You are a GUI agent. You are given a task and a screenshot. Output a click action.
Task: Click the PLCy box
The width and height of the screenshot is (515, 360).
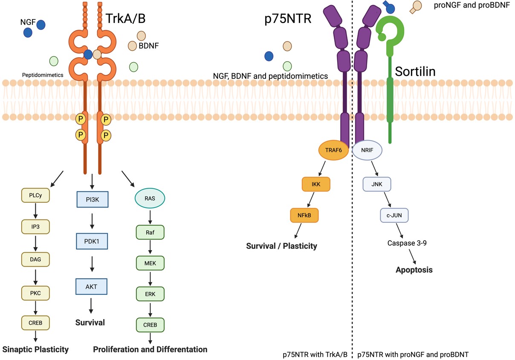click(36, 195)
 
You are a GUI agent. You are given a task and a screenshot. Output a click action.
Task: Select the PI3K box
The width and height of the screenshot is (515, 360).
click(91, 199)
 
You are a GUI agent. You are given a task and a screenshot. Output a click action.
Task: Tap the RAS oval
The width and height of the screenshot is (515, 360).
click(150, 198)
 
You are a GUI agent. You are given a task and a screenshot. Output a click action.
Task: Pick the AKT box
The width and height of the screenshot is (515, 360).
click(91, 286)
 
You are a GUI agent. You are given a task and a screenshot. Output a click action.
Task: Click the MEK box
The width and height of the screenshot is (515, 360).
click(150, 263)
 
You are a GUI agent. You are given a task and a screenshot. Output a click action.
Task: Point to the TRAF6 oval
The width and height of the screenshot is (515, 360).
click(333, 150)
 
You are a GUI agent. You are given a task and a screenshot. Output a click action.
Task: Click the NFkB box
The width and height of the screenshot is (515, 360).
click(304, 215)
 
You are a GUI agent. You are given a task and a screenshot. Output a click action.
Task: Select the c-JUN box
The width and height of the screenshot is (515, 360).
click(394, 215)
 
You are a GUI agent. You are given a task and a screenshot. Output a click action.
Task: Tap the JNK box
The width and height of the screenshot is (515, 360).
click(377, 184)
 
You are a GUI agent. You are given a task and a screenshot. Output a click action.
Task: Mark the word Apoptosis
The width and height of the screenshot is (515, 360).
click(414, 270)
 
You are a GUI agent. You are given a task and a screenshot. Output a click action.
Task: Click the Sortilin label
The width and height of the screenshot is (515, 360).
click(415, 71)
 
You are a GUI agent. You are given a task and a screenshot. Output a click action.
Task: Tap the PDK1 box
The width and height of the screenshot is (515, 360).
click(91, 241)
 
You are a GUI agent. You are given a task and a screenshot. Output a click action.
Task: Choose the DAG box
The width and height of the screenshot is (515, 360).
click(36, 259)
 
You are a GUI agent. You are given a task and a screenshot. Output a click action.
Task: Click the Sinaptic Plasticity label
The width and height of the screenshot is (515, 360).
click(36, 349)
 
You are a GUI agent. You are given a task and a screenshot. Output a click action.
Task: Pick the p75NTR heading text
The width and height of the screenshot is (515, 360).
click(288, 19)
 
